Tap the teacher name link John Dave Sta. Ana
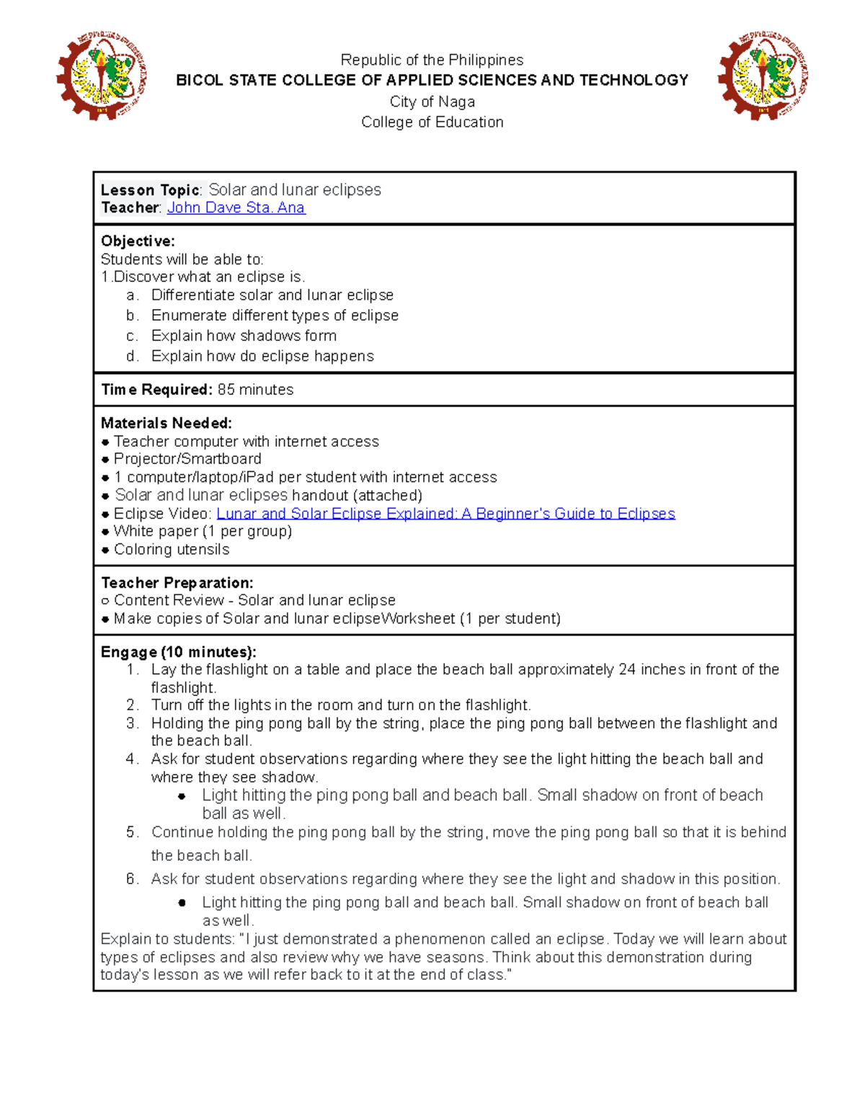[x=236, y=208]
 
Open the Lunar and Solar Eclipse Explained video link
[x=445, y=514]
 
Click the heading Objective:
[x=138, y=241]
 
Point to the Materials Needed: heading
[x=167, y=424]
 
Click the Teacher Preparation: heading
[x=177, y=583]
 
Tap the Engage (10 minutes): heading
[x=178, y=652]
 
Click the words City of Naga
[x=432, y=102]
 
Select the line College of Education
[x=432, y=122]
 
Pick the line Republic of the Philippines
[x=432, y=60]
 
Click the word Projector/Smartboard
[x=187, y=459]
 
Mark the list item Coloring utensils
[x=172, y=550]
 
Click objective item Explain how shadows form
[x=244, y=336]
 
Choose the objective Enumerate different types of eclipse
[x=275, y=316]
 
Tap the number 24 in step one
[x=626, y=669]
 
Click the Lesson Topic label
[x=150, y=190]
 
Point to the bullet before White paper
[x=106, y=532]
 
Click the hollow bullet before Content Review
[x=105, y=601]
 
